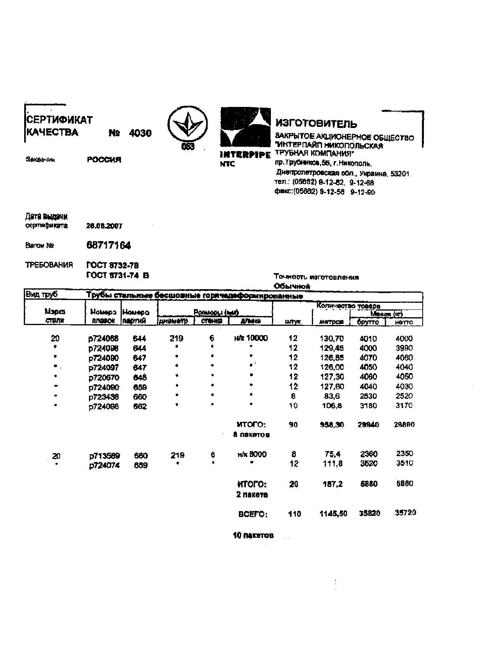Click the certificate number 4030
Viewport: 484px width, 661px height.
[x=140, y=133]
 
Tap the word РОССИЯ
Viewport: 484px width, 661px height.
[x=104, y=160]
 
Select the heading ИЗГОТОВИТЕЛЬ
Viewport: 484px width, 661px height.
[x=316, y=124]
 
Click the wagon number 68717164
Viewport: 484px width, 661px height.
[x=109, y=245]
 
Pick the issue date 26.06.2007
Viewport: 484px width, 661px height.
[x=104, y=226]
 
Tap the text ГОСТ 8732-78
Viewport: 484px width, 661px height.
[x=112, y=266]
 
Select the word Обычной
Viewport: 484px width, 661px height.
[x=292, y=286]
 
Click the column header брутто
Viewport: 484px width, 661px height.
[x=368, y=322]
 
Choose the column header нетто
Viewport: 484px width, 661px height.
[x=404, y=322]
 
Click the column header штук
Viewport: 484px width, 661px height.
[x=293, y=322]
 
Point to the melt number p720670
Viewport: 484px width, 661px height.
[x=104, y=378]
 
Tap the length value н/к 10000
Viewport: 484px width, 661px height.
[x=251, y=338]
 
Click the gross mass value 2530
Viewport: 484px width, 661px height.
[x=368, y=396]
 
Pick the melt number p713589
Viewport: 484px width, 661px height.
[x=104, y=456]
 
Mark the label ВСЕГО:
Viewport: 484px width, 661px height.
[x=253, y=514]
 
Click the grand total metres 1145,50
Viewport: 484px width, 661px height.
[x=333, y=514]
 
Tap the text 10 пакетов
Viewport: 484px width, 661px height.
[x=253, y=535]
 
